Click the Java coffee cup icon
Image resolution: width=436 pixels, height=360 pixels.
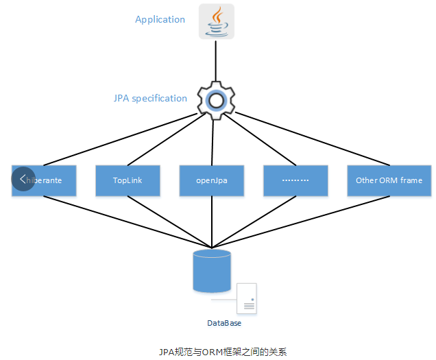(216, 21)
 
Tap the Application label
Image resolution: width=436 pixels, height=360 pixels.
(160, 19)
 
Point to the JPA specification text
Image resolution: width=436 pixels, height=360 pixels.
(150, 98)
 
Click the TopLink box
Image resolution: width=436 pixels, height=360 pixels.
(128, 180)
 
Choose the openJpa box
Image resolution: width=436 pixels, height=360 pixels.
(212, 180)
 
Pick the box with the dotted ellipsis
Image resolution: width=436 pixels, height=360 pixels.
(296, 180)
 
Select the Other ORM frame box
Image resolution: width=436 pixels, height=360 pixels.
(389, 180)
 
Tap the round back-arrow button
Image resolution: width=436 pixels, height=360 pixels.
(23, 178)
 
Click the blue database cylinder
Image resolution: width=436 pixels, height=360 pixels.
(212, 272)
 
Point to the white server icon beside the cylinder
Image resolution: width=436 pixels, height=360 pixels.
(247, 298)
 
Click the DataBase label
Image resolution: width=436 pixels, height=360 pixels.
(224, 322)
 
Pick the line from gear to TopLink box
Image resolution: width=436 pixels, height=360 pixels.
(168, 141)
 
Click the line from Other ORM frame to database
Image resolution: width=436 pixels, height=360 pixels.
(302, 221)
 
